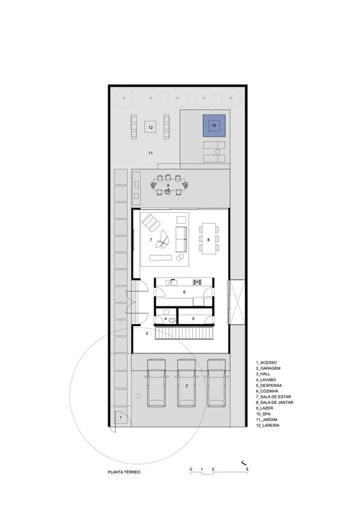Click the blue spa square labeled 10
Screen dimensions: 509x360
(x=213, y=126)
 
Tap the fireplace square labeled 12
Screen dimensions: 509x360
(x=151, y=126)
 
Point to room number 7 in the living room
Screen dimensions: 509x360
(x=151, y=240)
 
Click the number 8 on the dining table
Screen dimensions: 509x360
(x=208, y=240)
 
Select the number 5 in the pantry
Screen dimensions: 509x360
(x=193, y=319)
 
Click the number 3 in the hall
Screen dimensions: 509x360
(x=147, y=333)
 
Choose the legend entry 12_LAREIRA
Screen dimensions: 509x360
(x=269, y=425)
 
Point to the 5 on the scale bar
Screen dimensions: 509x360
(x=247, y=471)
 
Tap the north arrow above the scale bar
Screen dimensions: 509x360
(x=243, y=461)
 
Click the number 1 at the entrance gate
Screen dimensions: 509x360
(x=119, y=416)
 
